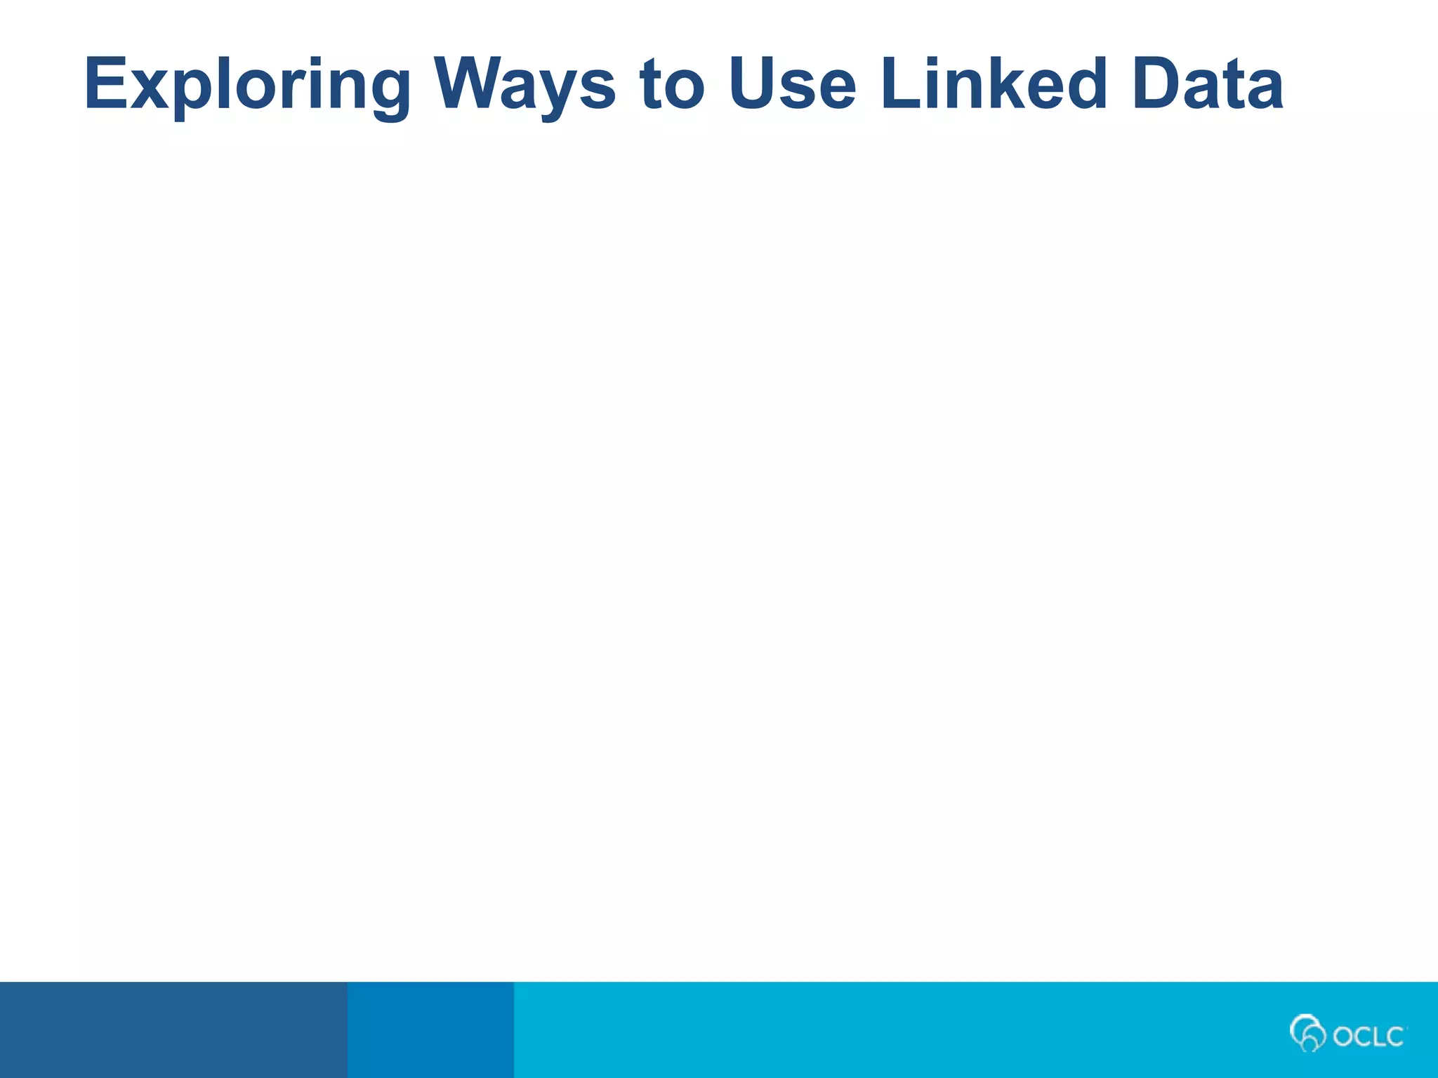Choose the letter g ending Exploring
[385, 94]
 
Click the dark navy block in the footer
[173, 1030]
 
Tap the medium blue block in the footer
[430, 1030]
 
